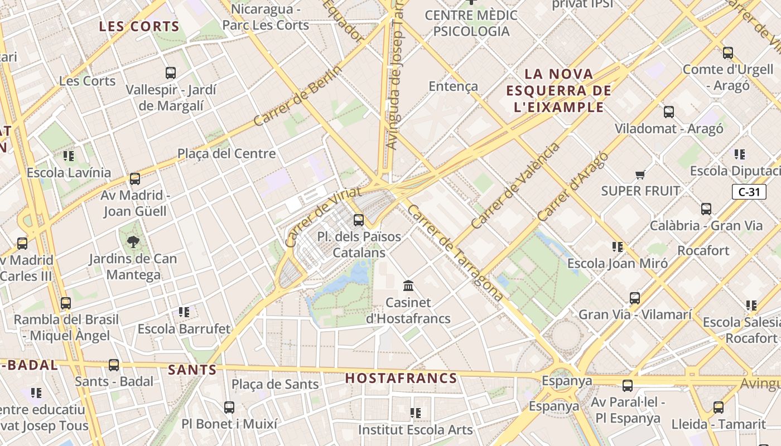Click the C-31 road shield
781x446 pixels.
pos(749,192)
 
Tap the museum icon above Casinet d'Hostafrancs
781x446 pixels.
pos(408,286)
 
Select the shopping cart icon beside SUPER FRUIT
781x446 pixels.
pos(640,175)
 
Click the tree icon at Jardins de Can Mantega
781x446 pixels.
pos(133,242)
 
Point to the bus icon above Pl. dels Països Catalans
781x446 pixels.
pos(359,220)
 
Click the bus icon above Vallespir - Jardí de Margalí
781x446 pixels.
pos(171,73)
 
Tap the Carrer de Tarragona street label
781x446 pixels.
pos(455,253)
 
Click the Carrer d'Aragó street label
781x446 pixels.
pos(572,186)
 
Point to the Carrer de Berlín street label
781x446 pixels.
pos(297,96)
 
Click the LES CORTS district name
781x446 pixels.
pos(139,26)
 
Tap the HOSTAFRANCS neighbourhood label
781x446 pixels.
pos(401,378)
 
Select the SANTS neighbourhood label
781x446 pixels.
pos(192,369)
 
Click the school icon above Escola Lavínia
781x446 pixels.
pos(69,156)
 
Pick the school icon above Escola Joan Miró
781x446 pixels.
pos(617,246)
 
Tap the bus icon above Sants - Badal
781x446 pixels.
pos(114,365)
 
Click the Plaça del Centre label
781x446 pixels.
pos(226,153)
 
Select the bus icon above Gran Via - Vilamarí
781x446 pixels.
pos(635,298)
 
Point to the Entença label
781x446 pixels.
pos(453,86)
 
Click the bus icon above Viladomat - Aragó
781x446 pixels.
pos(669,112)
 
